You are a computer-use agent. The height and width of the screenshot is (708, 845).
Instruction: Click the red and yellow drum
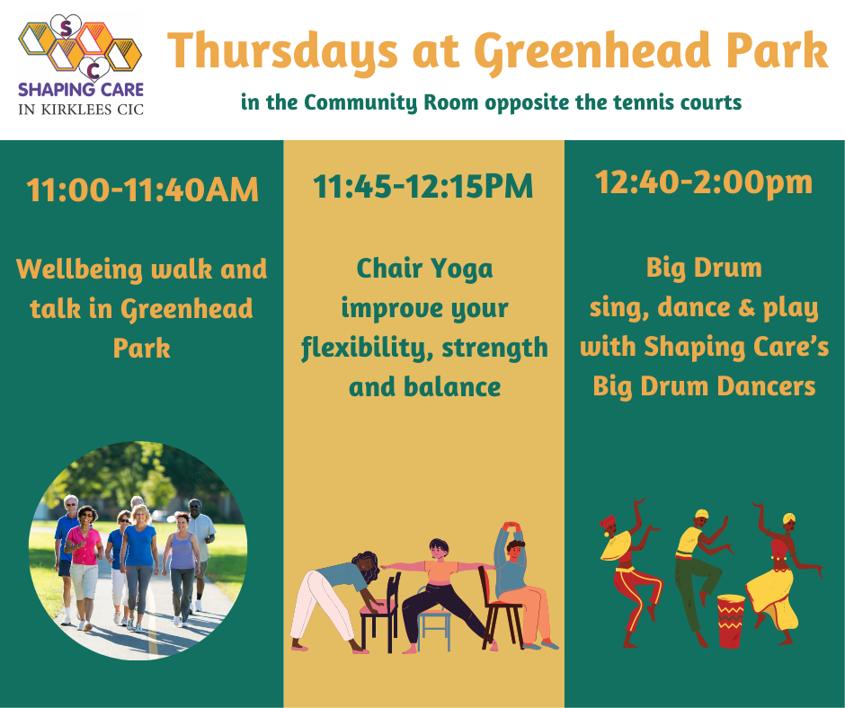tap(731, 621)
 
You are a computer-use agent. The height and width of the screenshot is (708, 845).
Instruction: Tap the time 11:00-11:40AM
tap(142, 190)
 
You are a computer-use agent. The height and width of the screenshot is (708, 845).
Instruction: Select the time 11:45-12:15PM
tap(423, 186)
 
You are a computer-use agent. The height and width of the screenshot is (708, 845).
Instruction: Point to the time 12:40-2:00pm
tap(704, 182)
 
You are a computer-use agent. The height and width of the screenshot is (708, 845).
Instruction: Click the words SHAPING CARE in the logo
tap(81, 90)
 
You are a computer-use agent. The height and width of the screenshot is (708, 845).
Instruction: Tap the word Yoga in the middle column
tap(462, 269)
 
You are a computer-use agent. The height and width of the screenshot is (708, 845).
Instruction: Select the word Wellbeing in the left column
tap(79, 270)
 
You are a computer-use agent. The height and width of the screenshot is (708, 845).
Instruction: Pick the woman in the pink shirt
tap(84, 567)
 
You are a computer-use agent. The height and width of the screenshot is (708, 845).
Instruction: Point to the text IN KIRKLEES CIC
tap(81, 110)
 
